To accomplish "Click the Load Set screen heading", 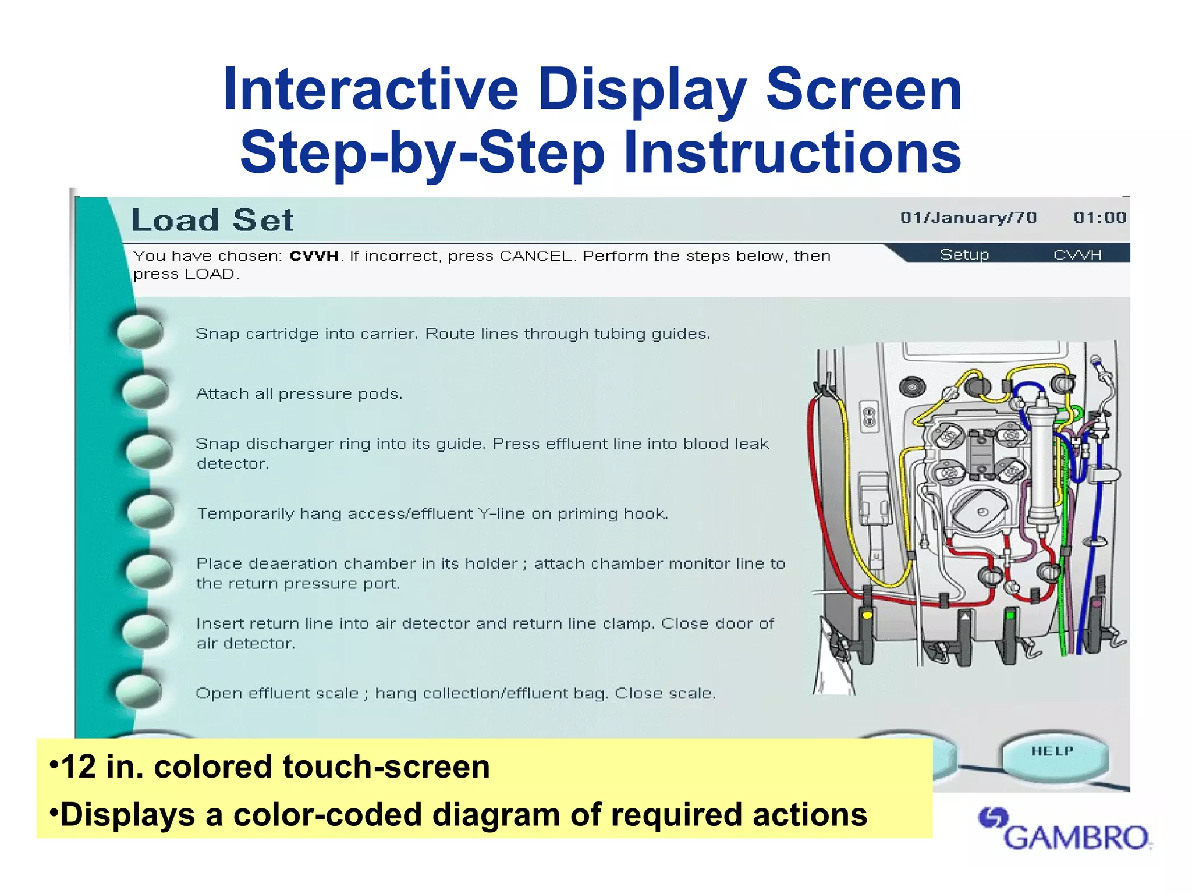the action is [x=212, y=220].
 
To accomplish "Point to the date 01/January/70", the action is [x=968, y=218].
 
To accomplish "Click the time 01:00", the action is [x=1100, y=218].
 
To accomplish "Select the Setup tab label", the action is [x=964, y=255].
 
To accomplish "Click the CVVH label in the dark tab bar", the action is [x=1077, y=255].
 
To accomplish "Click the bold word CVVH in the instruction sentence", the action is [x=314, y=256].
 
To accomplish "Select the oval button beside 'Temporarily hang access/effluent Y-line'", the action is [x=150, y=511].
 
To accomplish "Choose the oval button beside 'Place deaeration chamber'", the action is [x=150, y=571].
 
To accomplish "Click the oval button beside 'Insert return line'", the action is [x=146, y=631].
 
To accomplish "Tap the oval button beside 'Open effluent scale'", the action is [x=139, y=691].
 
